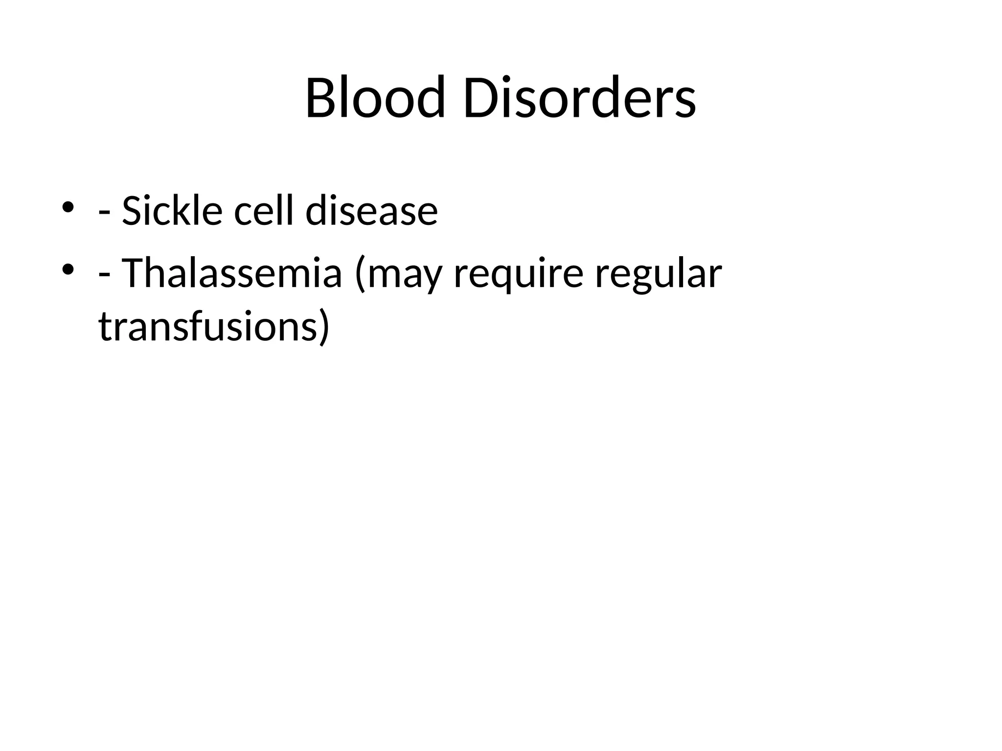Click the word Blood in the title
coord(375,97)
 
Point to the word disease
coord(371,211)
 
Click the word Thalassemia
coord(231,273)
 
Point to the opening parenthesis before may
coord(361,275)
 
